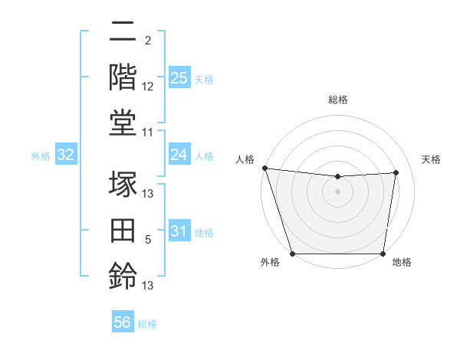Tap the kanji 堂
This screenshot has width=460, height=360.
pyautogui.click(x=123, y=123)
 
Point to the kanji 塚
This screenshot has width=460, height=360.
pyautogui.click(x=123, y=185)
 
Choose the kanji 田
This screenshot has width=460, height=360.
pyautogui.click(x=123, y=230)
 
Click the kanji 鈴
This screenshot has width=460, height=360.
pyautogui.click(x=123, y=275)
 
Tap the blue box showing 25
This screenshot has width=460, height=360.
pyautogui.click(x=179, y=78)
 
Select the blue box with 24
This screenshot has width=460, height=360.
pyautogui.click(x=179, y=155)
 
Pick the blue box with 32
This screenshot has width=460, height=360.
pyautogui.click(x=66, y=155)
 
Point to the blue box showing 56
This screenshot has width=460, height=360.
pyautogui.click(x=123, y=323)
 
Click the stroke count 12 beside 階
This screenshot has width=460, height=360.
pyautogui.click(x=148, y=87)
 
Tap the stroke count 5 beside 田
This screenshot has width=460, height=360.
pyautogui.click(x=148, y=240)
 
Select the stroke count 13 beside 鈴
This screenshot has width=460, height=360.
pyautogui.click(x=148, y=286)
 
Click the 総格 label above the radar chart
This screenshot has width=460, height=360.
pyautogui.click(x=337, y=100)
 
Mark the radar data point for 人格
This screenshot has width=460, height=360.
pyautogui.click(x=264, y=168)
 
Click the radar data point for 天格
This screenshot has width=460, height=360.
pyautogui.click(x=396, y=172)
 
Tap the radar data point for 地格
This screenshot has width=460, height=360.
pyautogui.click(x=383, y=254)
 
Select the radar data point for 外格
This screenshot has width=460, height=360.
pyautogui.click(x=292, y=254)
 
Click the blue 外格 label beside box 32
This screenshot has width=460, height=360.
pyautogui.click(x=41, y=156)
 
